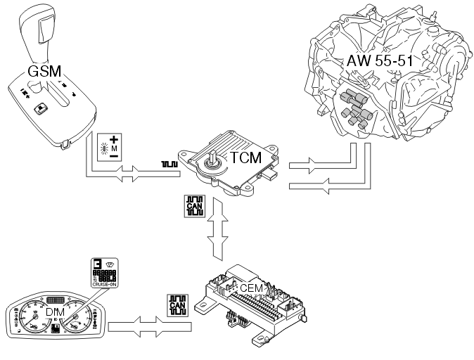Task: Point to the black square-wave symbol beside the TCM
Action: click(x=169, y=165)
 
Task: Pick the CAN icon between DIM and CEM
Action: click(x=179, y=306)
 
